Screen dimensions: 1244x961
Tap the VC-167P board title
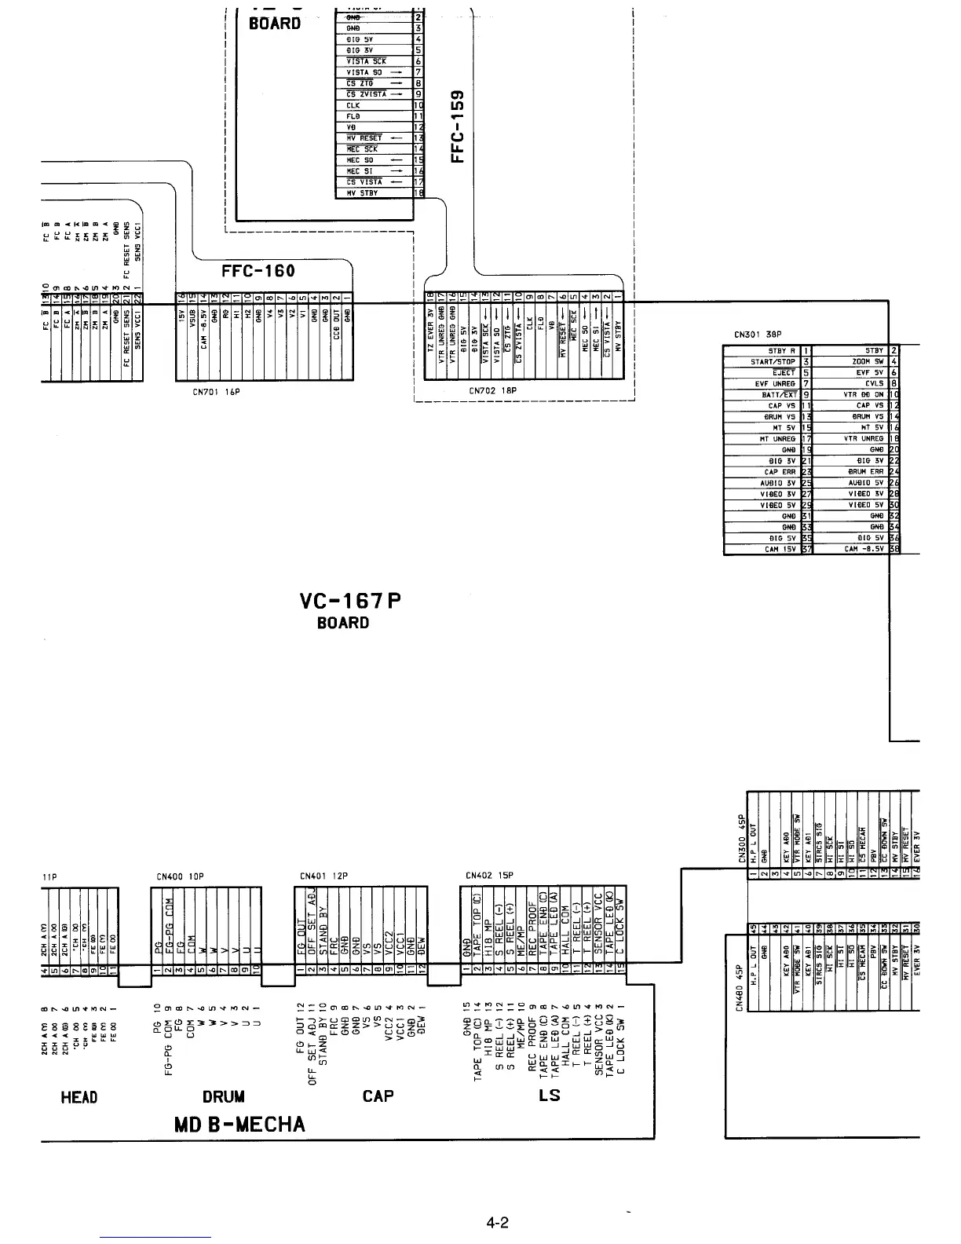(350, 602)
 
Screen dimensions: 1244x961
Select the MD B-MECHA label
(239, 1125)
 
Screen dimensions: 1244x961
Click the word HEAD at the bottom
(79, 1096)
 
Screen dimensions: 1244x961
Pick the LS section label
(550, 1095)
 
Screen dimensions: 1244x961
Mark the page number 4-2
(498, 1223)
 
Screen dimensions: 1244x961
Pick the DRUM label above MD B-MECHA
(224, 1096)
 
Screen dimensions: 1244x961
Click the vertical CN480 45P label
(739, 988)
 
